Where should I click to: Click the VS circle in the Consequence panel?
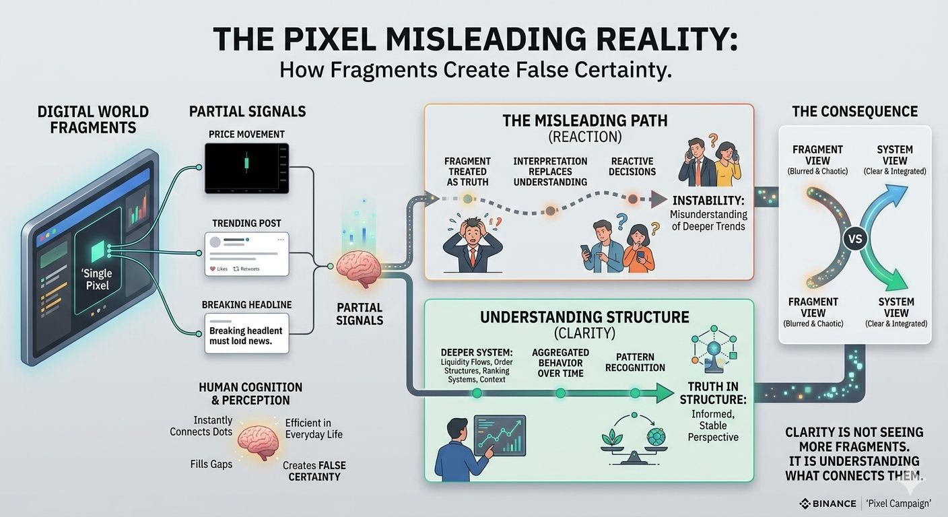pos(856,239)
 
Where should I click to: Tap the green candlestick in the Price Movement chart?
pos(247,162)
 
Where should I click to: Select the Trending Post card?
pos(246,254)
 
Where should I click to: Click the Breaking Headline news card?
pos(246,333)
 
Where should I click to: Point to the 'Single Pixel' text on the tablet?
pos(98,279)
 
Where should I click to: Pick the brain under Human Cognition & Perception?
pos(259,442)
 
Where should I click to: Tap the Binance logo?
pos(804,504)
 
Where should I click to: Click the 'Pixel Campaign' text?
pos(899,504)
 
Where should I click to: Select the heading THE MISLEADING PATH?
pos(584,121)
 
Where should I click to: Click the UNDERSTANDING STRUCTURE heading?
pos(584,317)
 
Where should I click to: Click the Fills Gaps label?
pos(211,464)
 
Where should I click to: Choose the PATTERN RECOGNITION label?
pos(635,362)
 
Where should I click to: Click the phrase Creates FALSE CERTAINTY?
pos(314,471)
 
